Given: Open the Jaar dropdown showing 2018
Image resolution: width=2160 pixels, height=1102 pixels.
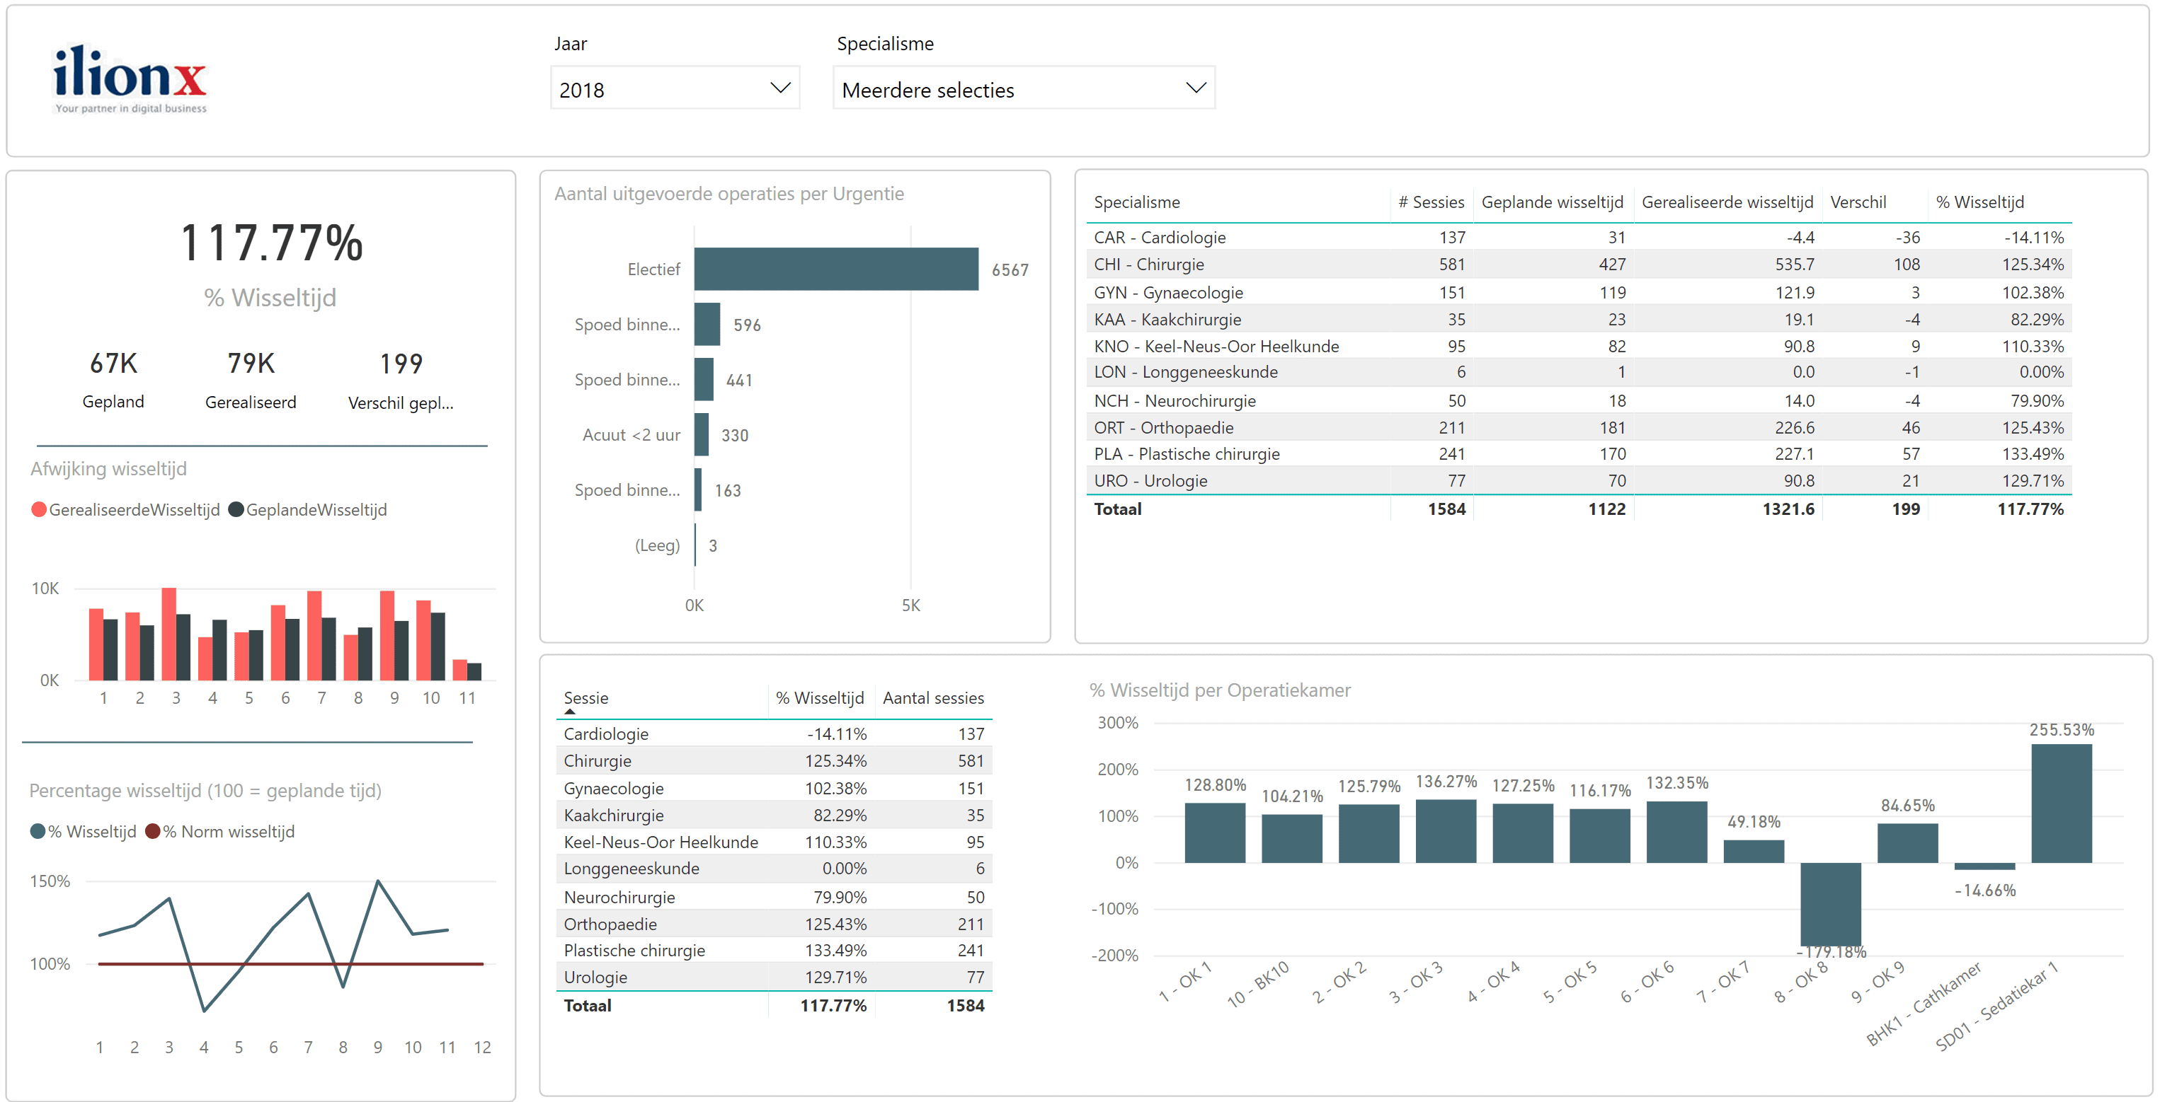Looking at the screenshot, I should pyautogui.click(x=674, y=89).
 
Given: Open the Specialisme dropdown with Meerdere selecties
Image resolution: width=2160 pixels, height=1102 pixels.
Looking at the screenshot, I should pyautogui.click(x=1023, y=89).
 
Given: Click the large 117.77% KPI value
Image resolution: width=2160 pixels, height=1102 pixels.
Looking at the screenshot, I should pyautogui.click(x=271, y=244).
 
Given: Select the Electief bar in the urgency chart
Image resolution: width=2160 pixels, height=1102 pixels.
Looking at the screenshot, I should pyautogui.click(x=835, y=269).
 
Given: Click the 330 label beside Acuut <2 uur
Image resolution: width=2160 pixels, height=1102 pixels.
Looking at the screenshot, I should pyautogui.click(x=735, y=436).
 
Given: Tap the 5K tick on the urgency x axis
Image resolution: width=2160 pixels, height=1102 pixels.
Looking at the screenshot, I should pyautogui.click(x=910, y=605).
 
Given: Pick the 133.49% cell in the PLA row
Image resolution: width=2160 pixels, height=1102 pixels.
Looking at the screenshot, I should pyautogui.click(x=2032, y=454).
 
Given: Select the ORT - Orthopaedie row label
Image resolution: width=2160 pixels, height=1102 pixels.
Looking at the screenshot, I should pyautogui.click(x=1163, y=427).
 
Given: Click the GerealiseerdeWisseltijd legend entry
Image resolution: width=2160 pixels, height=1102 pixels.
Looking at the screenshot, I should pyautogui.click(x=126, y=509).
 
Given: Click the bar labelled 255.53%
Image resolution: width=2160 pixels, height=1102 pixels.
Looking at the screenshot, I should pyautogui.click(x=2060, y=803).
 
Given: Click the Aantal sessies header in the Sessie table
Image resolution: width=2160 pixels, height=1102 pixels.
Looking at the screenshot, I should pyautogui.click(x=932, y=698).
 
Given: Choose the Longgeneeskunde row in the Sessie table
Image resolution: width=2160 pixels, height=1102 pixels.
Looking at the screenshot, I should pyautogui.click(x=632, y=868).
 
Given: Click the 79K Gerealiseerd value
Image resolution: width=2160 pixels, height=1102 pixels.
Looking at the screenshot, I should pyautogui.click(x=251, y=364).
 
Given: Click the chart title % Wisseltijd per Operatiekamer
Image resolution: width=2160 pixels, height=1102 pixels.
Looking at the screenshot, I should pyautogui.click(x=1219, y=690).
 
